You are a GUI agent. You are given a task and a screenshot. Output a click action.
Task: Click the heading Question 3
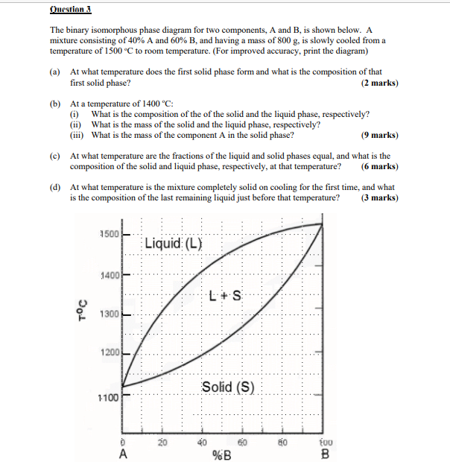(x=71, y=10)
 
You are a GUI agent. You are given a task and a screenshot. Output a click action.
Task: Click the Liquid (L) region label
(x=173, y=243)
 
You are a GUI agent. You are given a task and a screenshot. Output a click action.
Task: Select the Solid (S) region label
(x=228, y=387)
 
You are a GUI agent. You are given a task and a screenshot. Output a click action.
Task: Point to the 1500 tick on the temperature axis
(x=109, y=234)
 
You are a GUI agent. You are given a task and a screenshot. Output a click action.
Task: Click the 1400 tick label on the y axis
(x=109, y=276)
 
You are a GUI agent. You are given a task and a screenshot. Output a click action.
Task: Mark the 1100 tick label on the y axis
(x=107, y=397)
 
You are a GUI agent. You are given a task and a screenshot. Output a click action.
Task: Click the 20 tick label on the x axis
(x=162, y=441)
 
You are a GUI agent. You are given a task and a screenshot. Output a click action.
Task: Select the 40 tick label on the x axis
(x=201, y=441)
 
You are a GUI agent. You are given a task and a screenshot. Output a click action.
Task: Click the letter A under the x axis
(x=123, y=453)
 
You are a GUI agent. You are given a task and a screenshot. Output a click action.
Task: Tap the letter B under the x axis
(x=324, y=453)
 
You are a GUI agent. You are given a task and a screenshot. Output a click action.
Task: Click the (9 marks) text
(x=378, y=136)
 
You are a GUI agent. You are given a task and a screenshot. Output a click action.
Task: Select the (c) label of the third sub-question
(x=55, y=156)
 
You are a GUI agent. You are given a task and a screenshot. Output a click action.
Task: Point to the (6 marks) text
(x=378, y=167)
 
